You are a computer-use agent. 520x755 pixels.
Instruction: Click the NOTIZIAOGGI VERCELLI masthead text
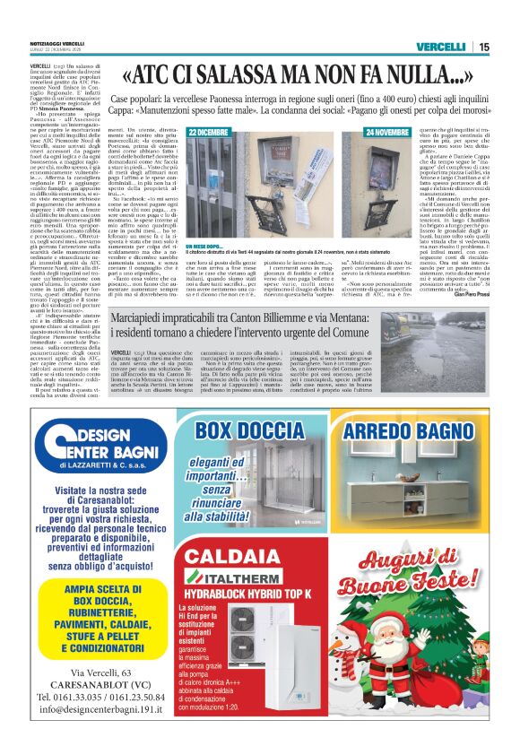point(57,44)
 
